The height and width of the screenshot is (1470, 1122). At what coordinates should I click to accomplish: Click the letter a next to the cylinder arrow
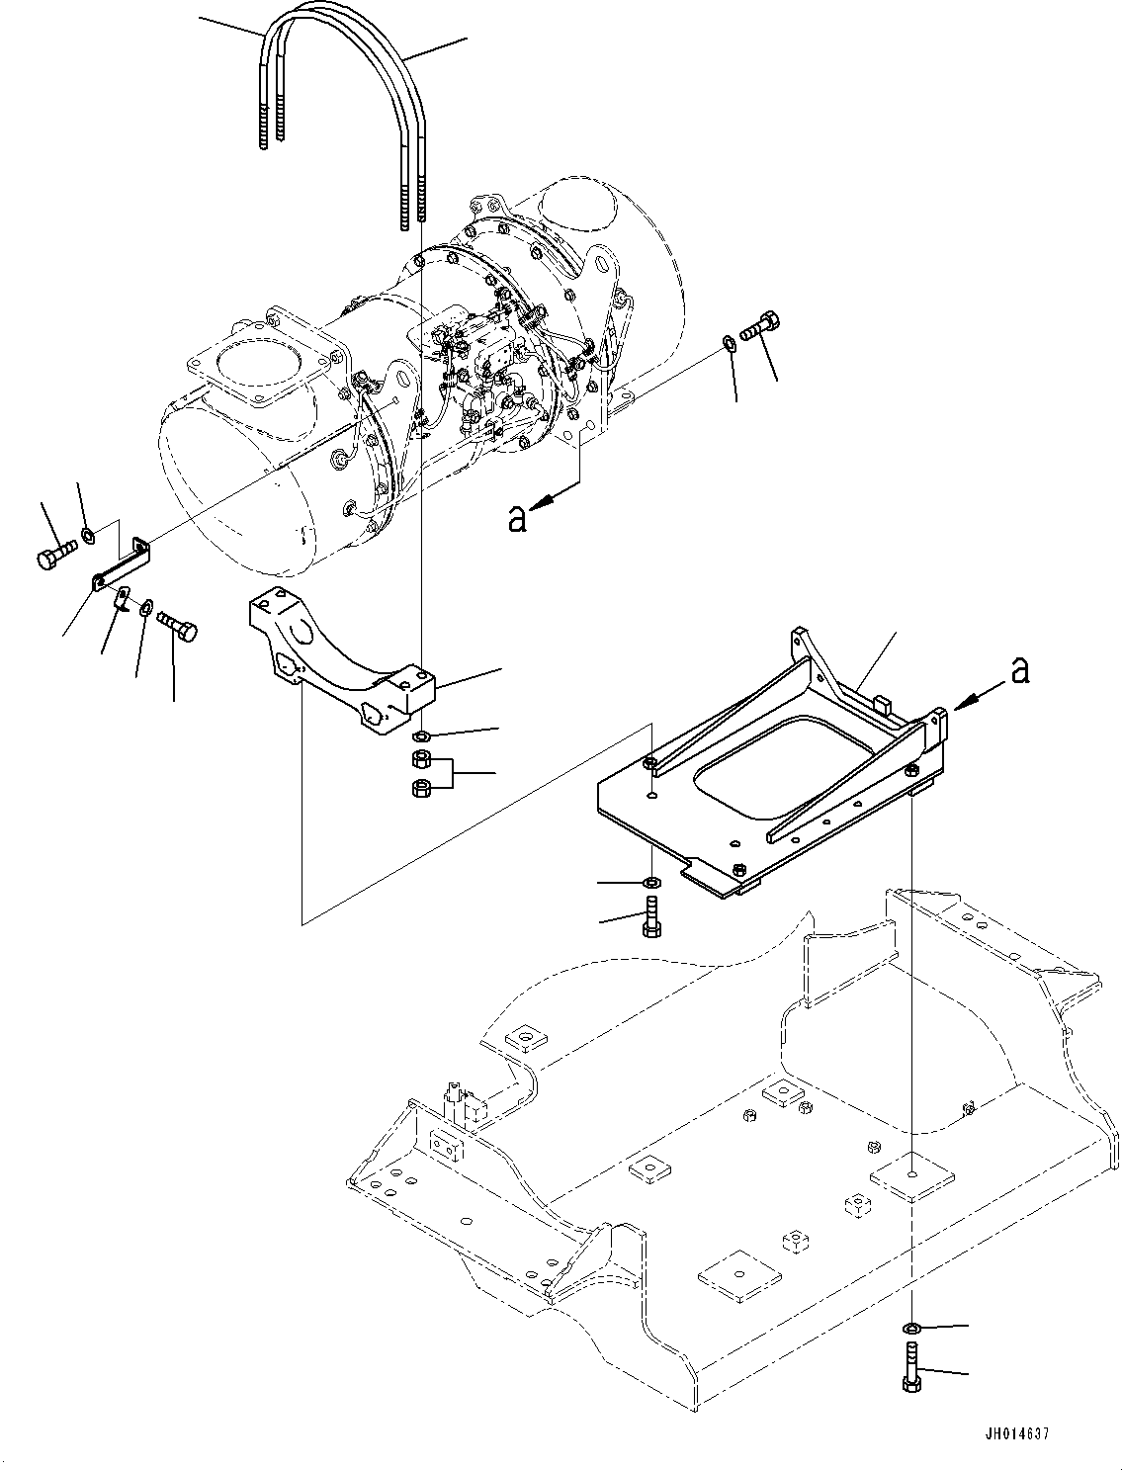tap(516, 518)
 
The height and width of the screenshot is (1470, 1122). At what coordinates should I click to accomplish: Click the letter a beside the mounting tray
tap(1020, 671)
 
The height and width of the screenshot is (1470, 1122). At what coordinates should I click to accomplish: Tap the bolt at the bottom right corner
tap(910, 1368)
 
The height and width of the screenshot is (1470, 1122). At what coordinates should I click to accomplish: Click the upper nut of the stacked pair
tap(419, 759)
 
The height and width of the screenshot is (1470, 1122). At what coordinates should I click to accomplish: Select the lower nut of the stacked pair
tap(419, 787)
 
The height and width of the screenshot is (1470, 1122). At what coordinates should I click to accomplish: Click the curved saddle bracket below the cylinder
tap(336, 662)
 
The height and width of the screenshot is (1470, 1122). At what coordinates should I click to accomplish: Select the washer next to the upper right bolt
tap(729, 343)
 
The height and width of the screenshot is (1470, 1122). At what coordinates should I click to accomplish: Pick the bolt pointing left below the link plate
tap(177, 626)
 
